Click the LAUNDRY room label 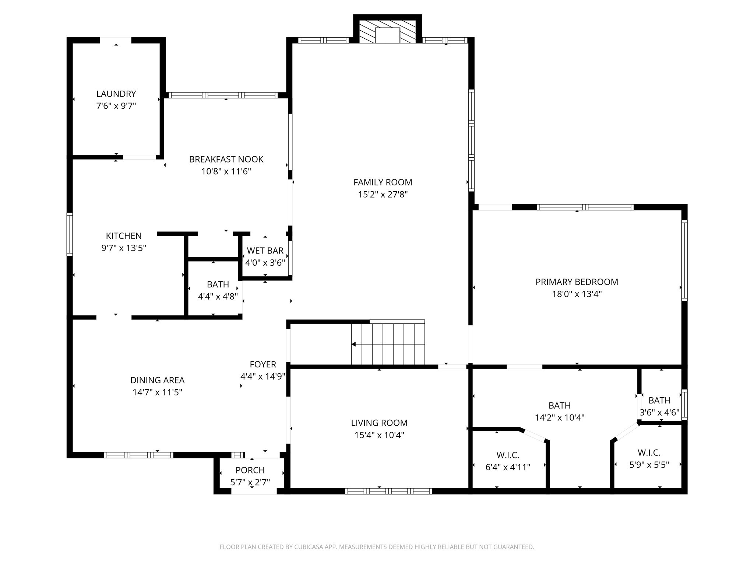(x=116, y=94)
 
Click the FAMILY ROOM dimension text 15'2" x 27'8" (x=383, y=195)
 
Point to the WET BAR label (x=265, y=251)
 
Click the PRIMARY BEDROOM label (x=576, y=282)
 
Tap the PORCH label (x=250, y=470)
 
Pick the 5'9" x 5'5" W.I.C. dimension (x=649, y=465)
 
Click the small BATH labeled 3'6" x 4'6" (x=659, y=401)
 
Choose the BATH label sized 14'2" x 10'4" (x=559, y=406)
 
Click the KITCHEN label (x=124, y=236)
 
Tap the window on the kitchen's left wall (x=70, y=234)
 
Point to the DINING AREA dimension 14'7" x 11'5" (x=157, y=392)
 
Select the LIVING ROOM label (x=379, y=423)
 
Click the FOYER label (x=263, y=364)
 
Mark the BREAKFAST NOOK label (x=226, y=159)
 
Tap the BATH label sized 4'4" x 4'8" (x=218, y=284)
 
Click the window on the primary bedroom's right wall (x=684, y=260)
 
